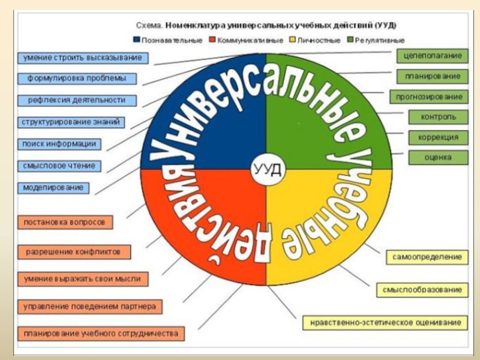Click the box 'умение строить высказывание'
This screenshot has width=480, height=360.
[83, 58]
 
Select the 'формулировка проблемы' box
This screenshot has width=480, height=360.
[76, 79]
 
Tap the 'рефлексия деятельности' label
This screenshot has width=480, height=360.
[76, 100]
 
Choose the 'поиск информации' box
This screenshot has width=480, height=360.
[59, 144]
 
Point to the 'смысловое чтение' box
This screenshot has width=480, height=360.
[59, 166]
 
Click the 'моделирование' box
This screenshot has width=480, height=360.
[54, 187]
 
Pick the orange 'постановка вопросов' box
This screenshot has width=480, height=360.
[65, 222]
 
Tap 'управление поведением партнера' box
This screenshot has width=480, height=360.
[89, 307]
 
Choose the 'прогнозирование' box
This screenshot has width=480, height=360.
[429, 97]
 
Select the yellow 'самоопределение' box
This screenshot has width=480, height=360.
[427, 257]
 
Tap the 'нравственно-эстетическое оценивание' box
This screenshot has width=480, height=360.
[386, 322]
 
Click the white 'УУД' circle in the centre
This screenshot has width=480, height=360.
[266, 169]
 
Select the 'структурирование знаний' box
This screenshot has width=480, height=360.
[71, 122]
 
